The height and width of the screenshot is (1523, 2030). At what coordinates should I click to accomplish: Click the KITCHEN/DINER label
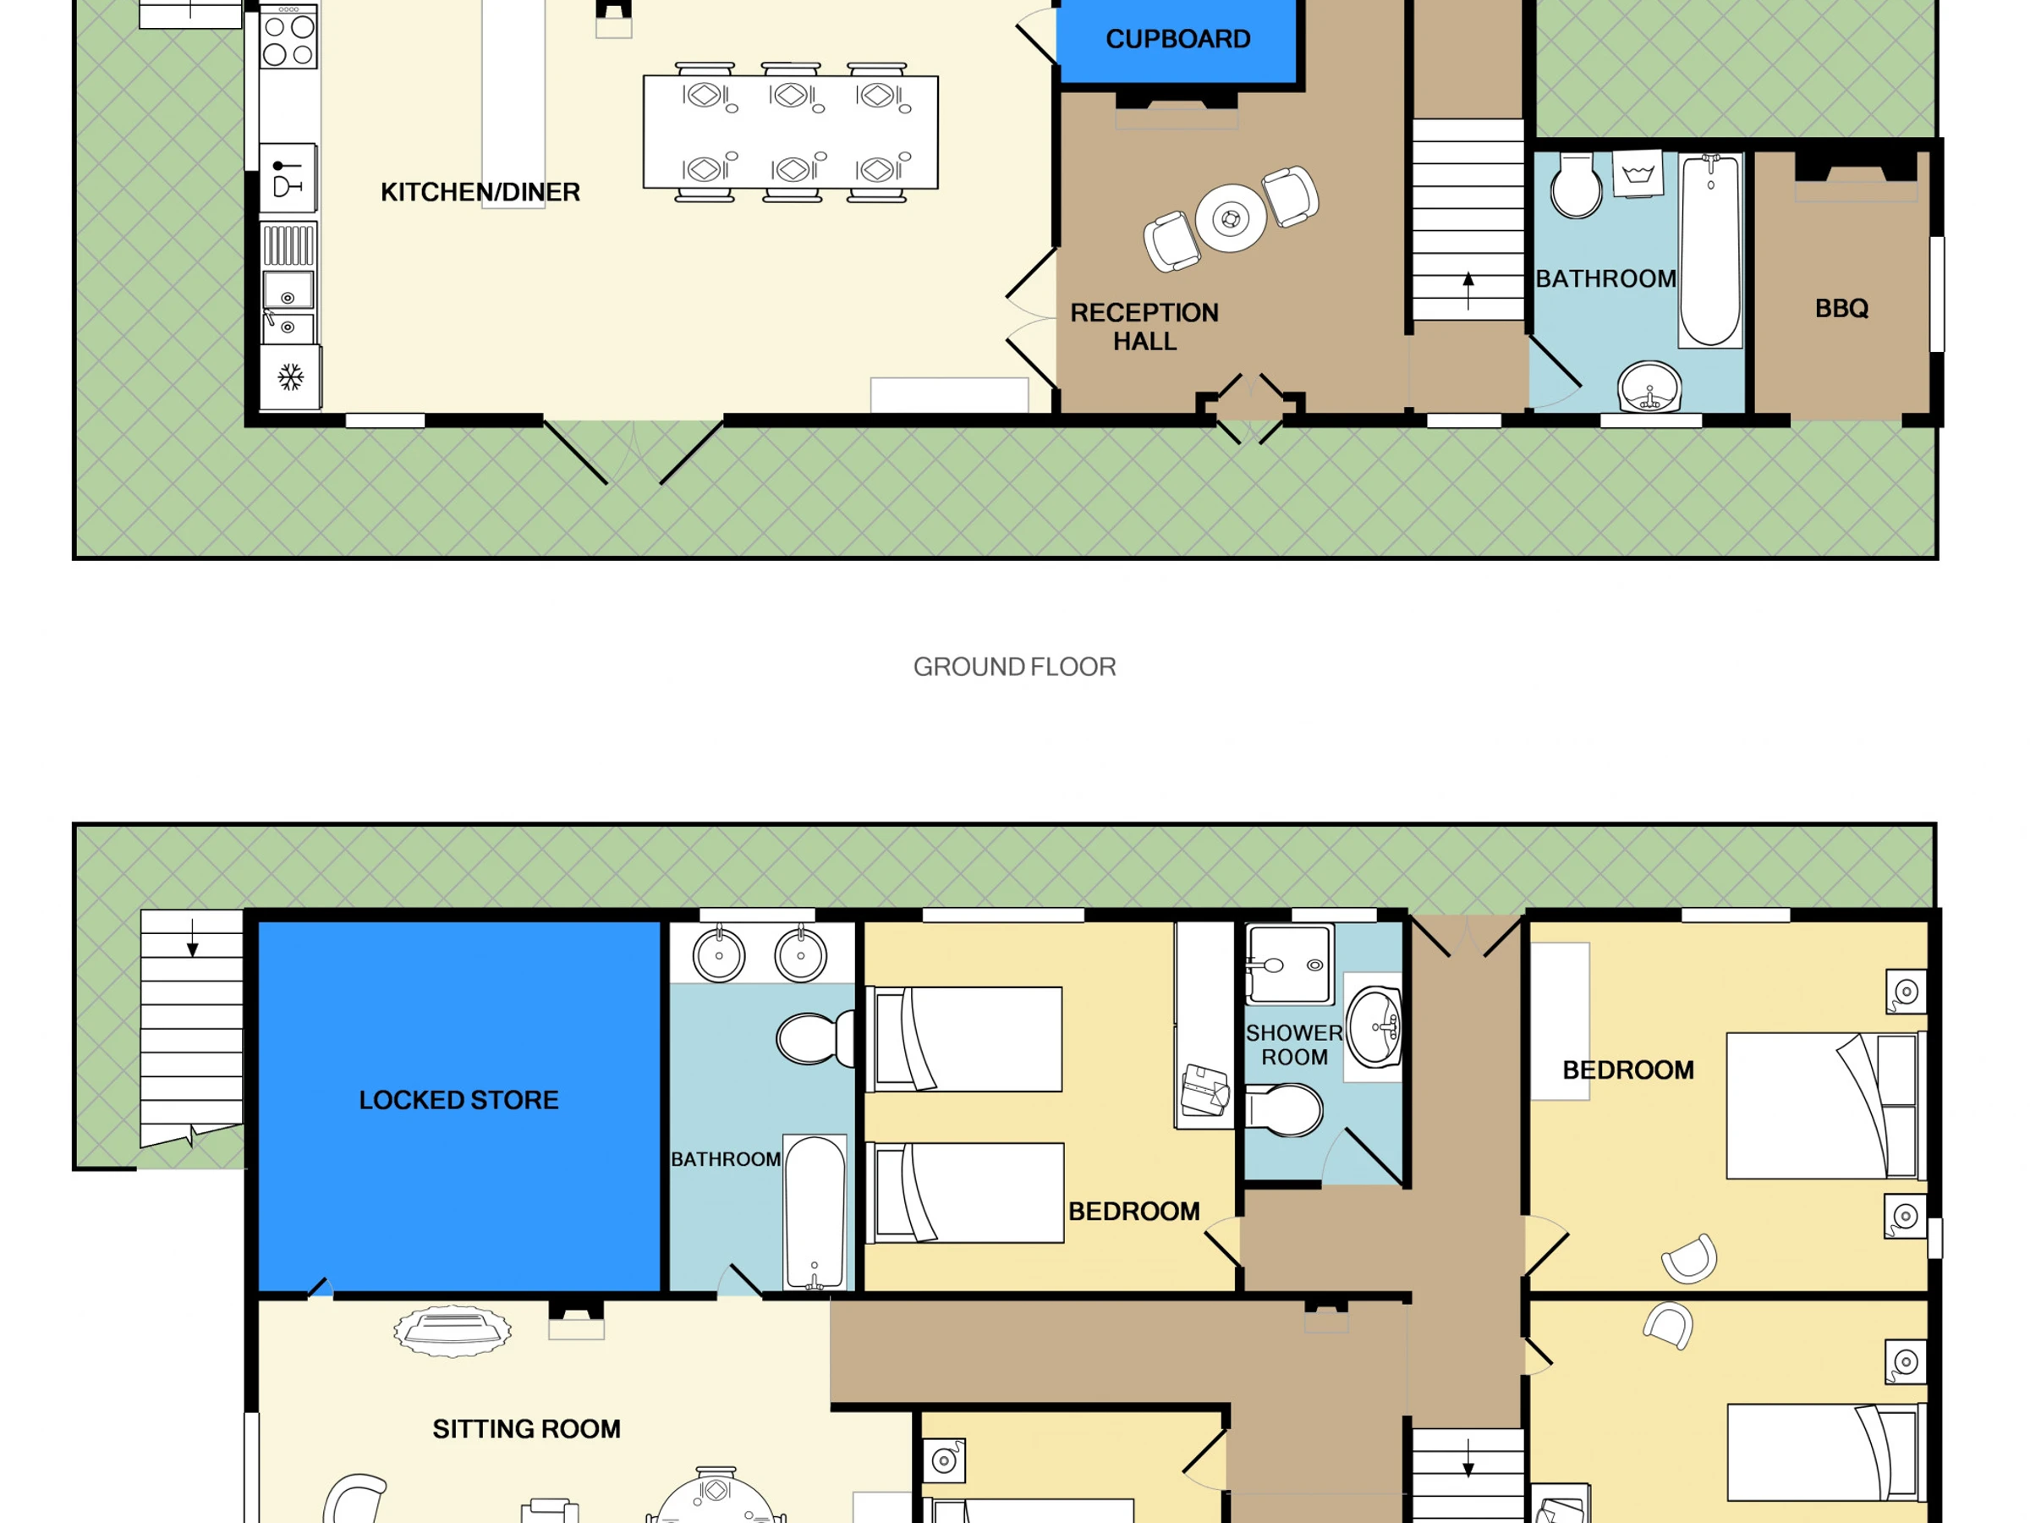[x=480, y=192]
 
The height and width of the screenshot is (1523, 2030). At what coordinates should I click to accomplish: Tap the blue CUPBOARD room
[x=1177, y=41]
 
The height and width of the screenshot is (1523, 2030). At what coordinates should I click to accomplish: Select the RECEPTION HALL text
[x=1144, y=327]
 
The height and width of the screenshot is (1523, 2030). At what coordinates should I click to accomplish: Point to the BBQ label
[x=1841, y=309]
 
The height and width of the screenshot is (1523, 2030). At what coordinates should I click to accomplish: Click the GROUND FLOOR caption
[x=1014, y=667]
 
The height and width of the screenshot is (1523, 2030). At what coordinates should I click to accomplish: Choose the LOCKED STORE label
[x=458, y=1100]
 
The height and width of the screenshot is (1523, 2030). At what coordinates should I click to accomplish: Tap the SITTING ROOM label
[x=526, y=1428]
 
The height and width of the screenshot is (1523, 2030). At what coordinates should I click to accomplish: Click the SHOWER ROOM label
[x=1294, y=1045]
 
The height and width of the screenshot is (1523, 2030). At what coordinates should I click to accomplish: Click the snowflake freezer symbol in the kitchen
[x=291, y=377]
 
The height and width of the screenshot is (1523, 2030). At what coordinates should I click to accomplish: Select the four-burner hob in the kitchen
[x=289, y=36]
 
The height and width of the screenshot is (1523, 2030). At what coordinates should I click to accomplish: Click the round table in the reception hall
[x=1231, y=218]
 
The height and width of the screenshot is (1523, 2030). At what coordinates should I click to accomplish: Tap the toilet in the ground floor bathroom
[x=1576, y=184]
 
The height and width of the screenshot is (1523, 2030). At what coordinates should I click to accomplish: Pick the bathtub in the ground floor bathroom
[x=1710, y=250]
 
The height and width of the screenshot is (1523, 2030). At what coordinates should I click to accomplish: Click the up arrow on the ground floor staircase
[x=1468, y=291]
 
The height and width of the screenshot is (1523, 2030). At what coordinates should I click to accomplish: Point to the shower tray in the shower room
[x=1288, y=964]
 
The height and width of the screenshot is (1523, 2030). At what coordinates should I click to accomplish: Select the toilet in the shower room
[x=1283, y=1110]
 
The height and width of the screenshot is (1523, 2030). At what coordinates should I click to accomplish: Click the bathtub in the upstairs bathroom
[x=814, y=1212]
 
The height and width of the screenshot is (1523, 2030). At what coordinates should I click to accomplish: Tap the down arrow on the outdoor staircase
[x=192, y=938]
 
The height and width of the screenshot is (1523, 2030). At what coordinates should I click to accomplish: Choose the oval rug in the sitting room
[x=453, y=1331]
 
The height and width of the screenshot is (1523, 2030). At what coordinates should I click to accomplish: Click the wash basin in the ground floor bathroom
[x=1649, y=388]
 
